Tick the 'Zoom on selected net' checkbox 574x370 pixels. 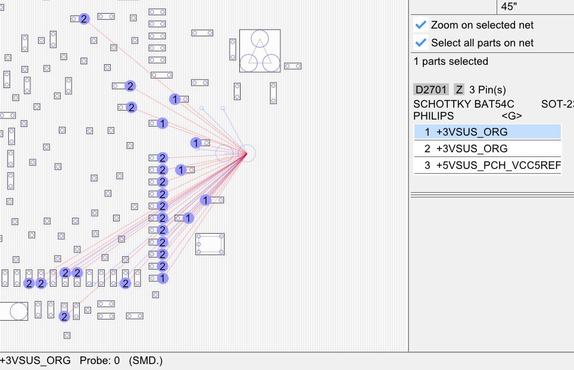[421, 25]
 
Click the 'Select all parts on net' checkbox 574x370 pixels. [421, 43]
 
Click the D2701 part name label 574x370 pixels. [431, 90]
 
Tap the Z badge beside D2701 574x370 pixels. [459, 90]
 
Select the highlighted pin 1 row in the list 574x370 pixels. [487, 132]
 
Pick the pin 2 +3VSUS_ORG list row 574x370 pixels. [487, 149]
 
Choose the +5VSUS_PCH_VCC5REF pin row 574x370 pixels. [487, 165]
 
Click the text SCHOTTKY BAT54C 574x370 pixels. [464, 104]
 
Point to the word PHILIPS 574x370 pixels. [433, 115]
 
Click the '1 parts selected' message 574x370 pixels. [451, 61]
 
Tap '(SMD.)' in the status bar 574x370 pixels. [145, 360]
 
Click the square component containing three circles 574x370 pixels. [260, 51]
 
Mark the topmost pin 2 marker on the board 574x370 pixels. [84, 19]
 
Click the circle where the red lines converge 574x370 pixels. [247, 153]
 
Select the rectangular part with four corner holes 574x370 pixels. [210, 244]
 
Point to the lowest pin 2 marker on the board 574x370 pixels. [64, 316]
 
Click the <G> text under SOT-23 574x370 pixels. [511, 115]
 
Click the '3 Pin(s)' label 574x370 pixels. [488, 90]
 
